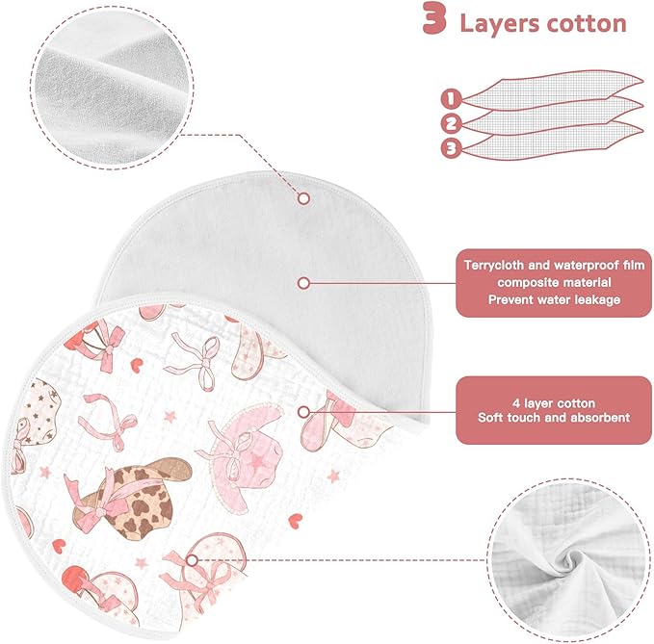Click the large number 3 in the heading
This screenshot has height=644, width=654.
[x=434, y=18]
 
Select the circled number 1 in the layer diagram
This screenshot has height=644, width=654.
[x=451, y=99]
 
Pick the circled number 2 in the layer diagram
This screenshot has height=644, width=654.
[x=451, y=123]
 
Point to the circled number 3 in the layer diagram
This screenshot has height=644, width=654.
[x=451, y=148]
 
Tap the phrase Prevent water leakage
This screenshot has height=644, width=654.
[x=555, y=299]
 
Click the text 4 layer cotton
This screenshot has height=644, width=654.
[x=554, y=403]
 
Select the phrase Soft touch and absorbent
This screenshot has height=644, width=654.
[x=554, y=418]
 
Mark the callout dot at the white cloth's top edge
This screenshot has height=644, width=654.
[x=303, y=198]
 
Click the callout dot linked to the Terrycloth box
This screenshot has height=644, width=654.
[x=303, y=283]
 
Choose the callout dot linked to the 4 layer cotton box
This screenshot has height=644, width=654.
[x=303, y=412]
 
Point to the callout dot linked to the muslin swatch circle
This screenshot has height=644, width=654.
[x=192, y=560]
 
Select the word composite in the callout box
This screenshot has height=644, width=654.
[x=526, y=283]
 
